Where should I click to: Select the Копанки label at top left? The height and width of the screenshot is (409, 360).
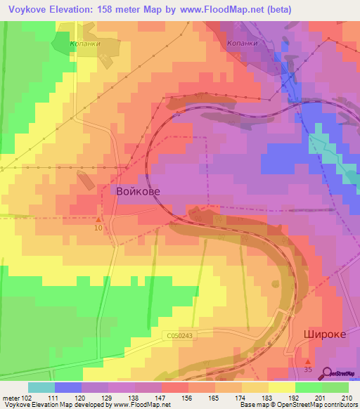84,42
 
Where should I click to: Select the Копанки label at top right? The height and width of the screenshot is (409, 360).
243,42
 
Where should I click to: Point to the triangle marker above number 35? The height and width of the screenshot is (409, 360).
307,361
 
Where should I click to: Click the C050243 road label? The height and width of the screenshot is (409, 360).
180,336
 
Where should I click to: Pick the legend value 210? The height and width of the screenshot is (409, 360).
346,398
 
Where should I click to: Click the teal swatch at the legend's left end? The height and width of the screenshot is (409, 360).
41,387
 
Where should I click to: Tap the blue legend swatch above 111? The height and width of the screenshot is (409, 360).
68,387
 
